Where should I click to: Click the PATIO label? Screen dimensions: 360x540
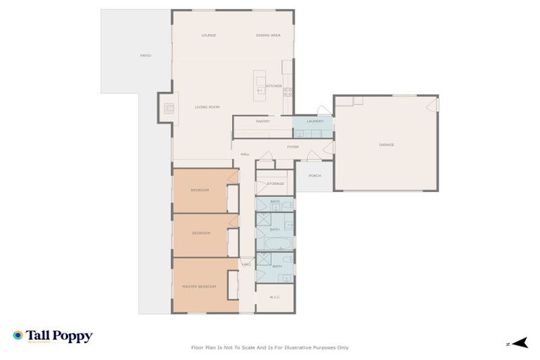(x=146, y=56)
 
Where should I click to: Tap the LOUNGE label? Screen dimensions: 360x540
(x=208, y=35)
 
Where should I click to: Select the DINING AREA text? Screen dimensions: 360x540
(x=268, y=35)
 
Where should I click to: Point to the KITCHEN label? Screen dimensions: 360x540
(x=274, y=86)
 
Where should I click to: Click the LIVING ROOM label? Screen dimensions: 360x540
(x=207, y=107)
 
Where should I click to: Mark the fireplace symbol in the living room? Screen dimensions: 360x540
(x=168, y=108)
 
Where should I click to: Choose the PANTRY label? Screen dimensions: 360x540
(x=263, y=122)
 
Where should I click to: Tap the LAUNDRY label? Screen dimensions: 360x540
(x=314, y=122)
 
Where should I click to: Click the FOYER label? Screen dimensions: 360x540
(x=292, y=147)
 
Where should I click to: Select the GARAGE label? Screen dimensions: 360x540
(x=386, y=145)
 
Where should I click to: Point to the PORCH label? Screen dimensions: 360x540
(x=314, y=176)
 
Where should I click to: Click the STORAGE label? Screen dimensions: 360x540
(x=275, y=184)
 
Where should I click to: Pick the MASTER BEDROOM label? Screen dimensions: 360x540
(x=199, y=286)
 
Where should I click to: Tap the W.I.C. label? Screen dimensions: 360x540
(x=274, y=297)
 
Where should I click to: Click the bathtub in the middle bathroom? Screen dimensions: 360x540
(x=275, y=243)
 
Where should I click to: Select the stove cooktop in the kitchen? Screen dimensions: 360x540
(x=287, y=91)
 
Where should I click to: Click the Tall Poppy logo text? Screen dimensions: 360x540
(x=59, y=337)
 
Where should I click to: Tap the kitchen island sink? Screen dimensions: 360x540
(x=260, y=89)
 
